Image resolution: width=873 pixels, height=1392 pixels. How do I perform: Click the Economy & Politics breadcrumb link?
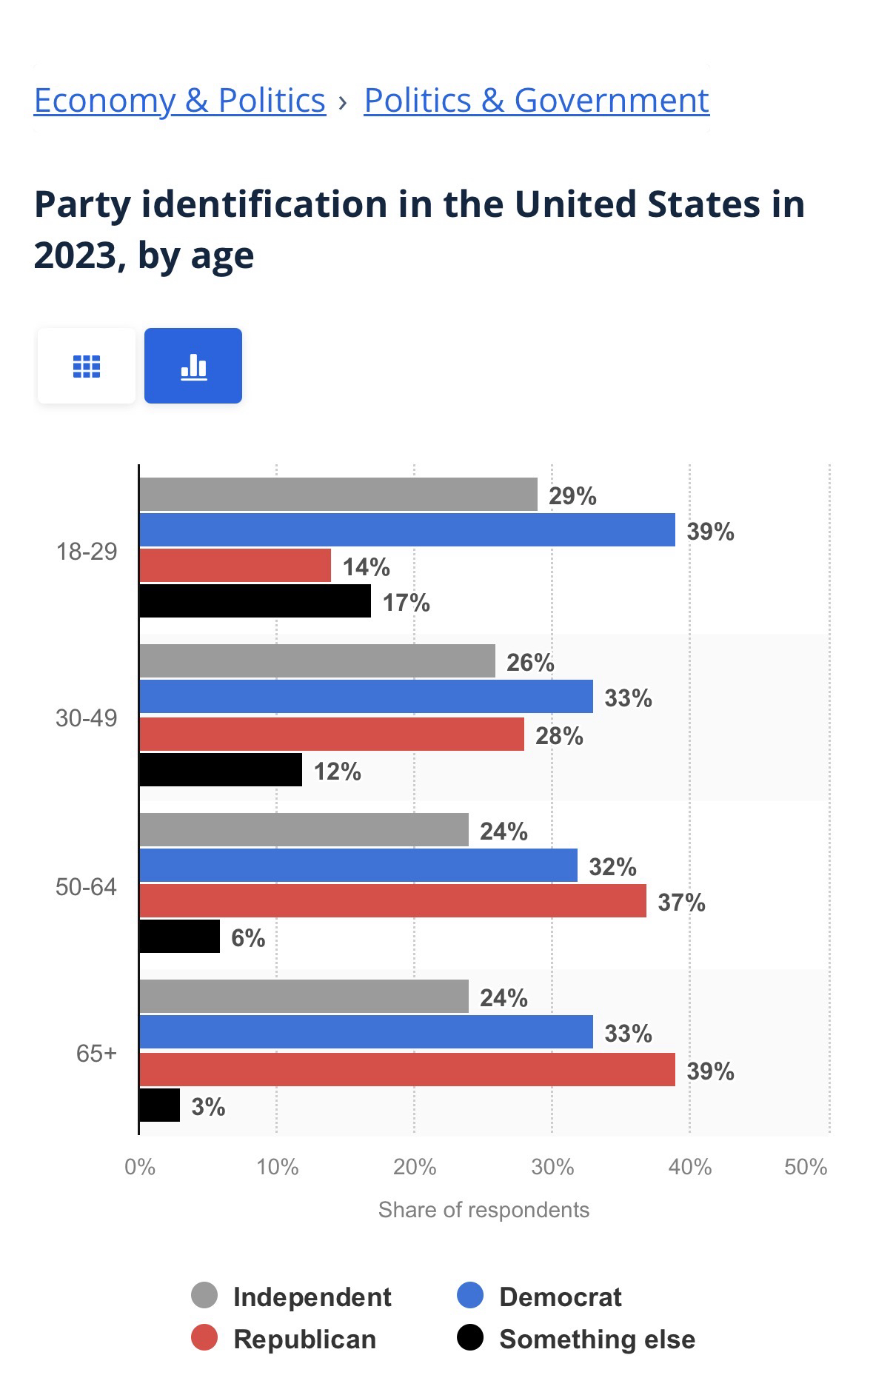pyautogui.click(x=180, y=100)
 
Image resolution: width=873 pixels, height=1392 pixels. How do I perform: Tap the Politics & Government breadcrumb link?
pyautogui.click(x=536, y=100)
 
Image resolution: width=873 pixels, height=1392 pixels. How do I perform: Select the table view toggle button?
pyautogui.click(x=87, y=366)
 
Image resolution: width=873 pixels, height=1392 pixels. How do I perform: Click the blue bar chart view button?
pyautogui.click(x=193, y=366)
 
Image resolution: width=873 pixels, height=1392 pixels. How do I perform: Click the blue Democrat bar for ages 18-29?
pyautogui.click(x=407, y=530)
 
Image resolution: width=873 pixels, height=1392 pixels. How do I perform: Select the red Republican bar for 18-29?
pyautogui.click(x=235, y=566)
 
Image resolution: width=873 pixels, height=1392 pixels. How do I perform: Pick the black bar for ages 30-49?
pyautogui.click(x=221, y=770)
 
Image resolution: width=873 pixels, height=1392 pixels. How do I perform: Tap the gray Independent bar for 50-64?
pyautogui.click(x=304, y=830)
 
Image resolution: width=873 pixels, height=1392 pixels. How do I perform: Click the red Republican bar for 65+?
pyautogui.click(x=407, y=1070)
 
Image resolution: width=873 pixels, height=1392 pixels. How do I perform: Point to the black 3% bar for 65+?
pyautogui.click(x=159, y=1105)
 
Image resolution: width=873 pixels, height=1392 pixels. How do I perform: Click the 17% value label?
pyautogui.click(x=406, y=603)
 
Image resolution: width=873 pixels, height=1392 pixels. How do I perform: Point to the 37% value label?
pyautogui.click(x=681, y=903)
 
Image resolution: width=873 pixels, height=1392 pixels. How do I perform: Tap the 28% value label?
pyautogui.click(x=559, y=736)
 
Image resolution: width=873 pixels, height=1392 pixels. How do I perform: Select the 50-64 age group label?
pyautogui.click(x=86, y=887)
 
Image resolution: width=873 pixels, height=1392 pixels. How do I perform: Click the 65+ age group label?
pyautogui.click(x=96, y=1053)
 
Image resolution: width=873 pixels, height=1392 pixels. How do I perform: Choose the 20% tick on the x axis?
pyautogui.click(x=414, y=1168)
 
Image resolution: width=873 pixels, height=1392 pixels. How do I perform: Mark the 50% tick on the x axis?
pyautogui.click(x=806, y=1168)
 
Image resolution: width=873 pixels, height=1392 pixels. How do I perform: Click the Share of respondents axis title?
pyautogui.click(x=484, y=1210)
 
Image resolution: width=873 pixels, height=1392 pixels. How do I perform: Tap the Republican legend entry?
pyautogui.click(x=285, y=1339)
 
